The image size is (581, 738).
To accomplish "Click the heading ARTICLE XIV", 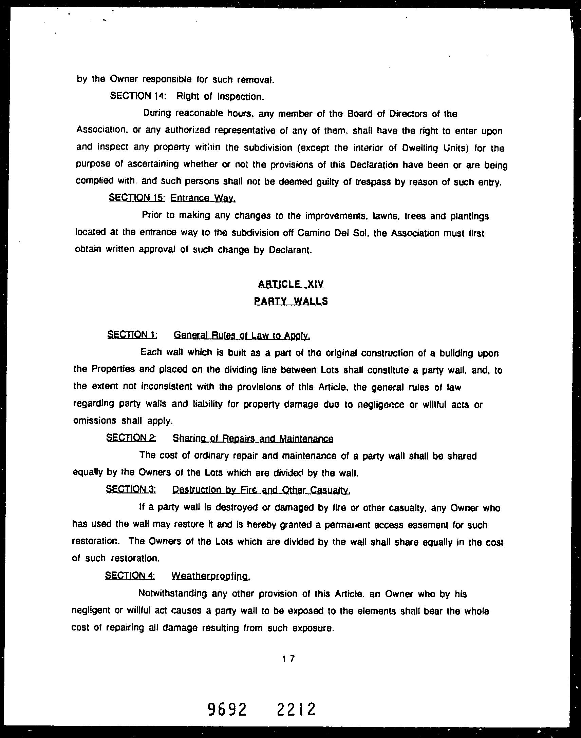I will tap(291, 284).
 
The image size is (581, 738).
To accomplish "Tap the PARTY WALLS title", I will tap(291, 301).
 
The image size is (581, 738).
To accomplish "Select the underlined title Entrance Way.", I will tap(203, 198).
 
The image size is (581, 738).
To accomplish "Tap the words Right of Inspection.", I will tap(220, 97).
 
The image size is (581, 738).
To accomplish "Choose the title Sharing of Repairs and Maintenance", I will tap(253, 439).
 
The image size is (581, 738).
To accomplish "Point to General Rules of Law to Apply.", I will tap(242, 335).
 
